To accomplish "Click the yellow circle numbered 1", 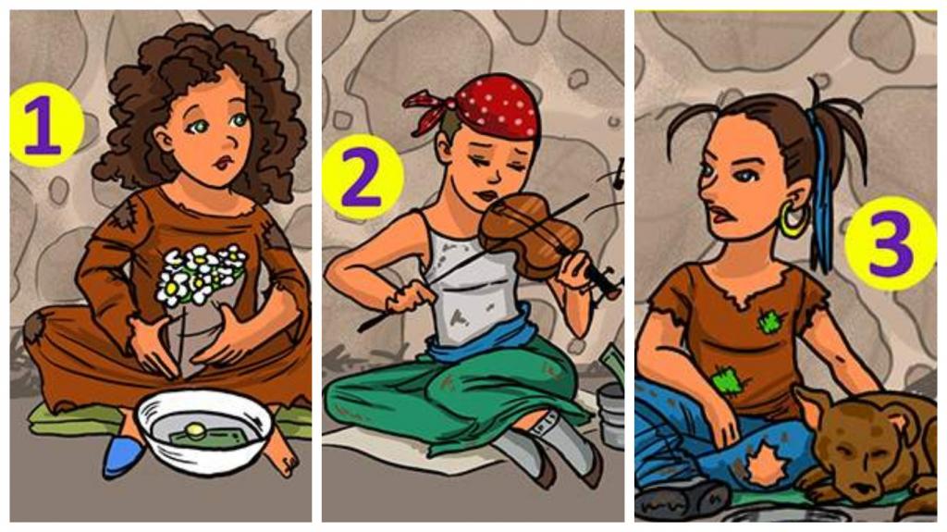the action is (45, 124).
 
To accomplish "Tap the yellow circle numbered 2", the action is (363, 177).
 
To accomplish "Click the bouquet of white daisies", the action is (201, 274).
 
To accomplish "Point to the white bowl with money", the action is (203, 430).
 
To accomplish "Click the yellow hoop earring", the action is (793, 220).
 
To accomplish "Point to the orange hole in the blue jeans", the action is (766, 465).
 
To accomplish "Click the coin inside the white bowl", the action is (194, 430).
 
